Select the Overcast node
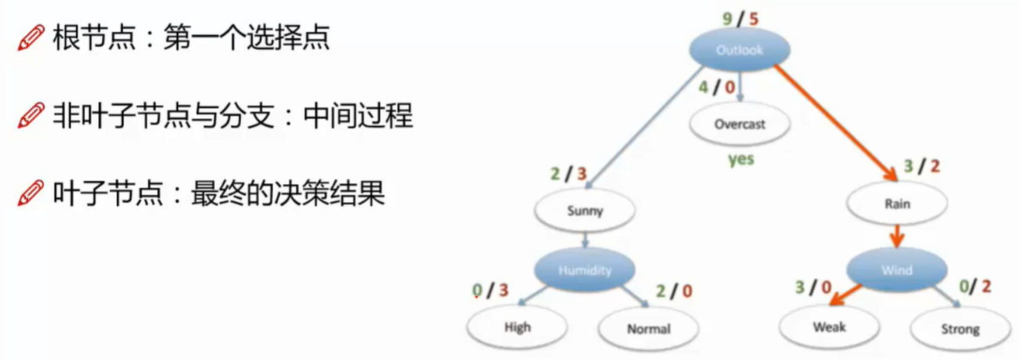click(x=739, y=124)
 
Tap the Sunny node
click(x=586, y=211)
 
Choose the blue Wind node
click(x=896, y=270)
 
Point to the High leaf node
click(x=517, y=327)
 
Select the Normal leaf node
click(x=648, y=329)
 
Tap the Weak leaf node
click(x=829, y=326)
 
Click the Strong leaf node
click(x=960, y=329)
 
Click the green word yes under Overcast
click(x=740, y=159)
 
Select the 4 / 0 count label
click(x=716, y=87)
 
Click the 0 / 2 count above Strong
click(x=974, y=286)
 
